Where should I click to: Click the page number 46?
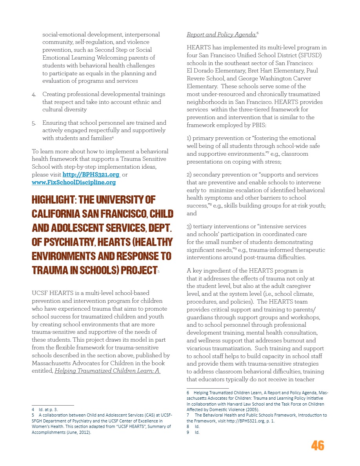[x=318, y=445]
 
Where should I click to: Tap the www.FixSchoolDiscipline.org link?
[x=74, y=182]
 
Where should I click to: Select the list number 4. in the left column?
[x=34, y=95]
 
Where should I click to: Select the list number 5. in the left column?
[x=34, y=123]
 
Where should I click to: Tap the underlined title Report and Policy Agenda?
[x=221, y=35]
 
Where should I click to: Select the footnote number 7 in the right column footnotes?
[x=188, y=415]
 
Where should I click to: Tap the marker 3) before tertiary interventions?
[x=189, y=227]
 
